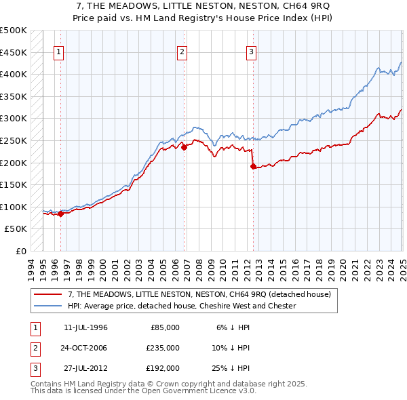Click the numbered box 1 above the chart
coord(59,52)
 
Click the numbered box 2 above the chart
coord(182,52)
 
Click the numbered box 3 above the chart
coord(251,52)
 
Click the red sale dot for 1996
coord(60,214)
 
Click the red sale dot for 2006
coord(184,147)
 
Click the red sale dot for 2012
coord(252,166)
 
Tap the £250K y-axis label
coord(14,140)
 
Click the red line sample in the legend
coord(48,295)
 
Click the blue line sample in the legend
coord(48,306)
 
